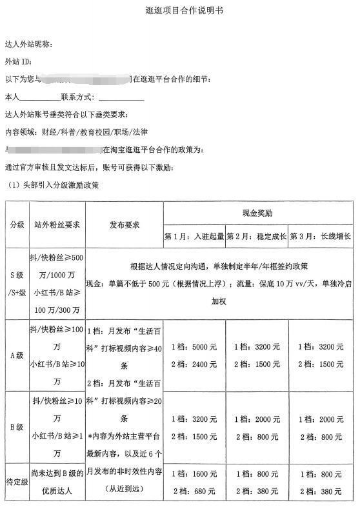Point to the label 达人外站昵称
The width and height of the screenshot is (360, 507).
pyautogui.click(x=33, y=45)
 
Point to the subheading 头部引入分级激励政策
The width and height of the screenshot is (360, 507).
pyautogui.click(x=60, y=185)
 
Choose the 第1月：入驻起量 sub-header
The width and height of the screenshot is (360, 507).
pyautogui.click(x=194, y=236)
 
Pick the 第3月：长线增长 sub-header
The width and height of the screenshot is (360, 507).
pyautogui.click(x=321, y=236)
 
